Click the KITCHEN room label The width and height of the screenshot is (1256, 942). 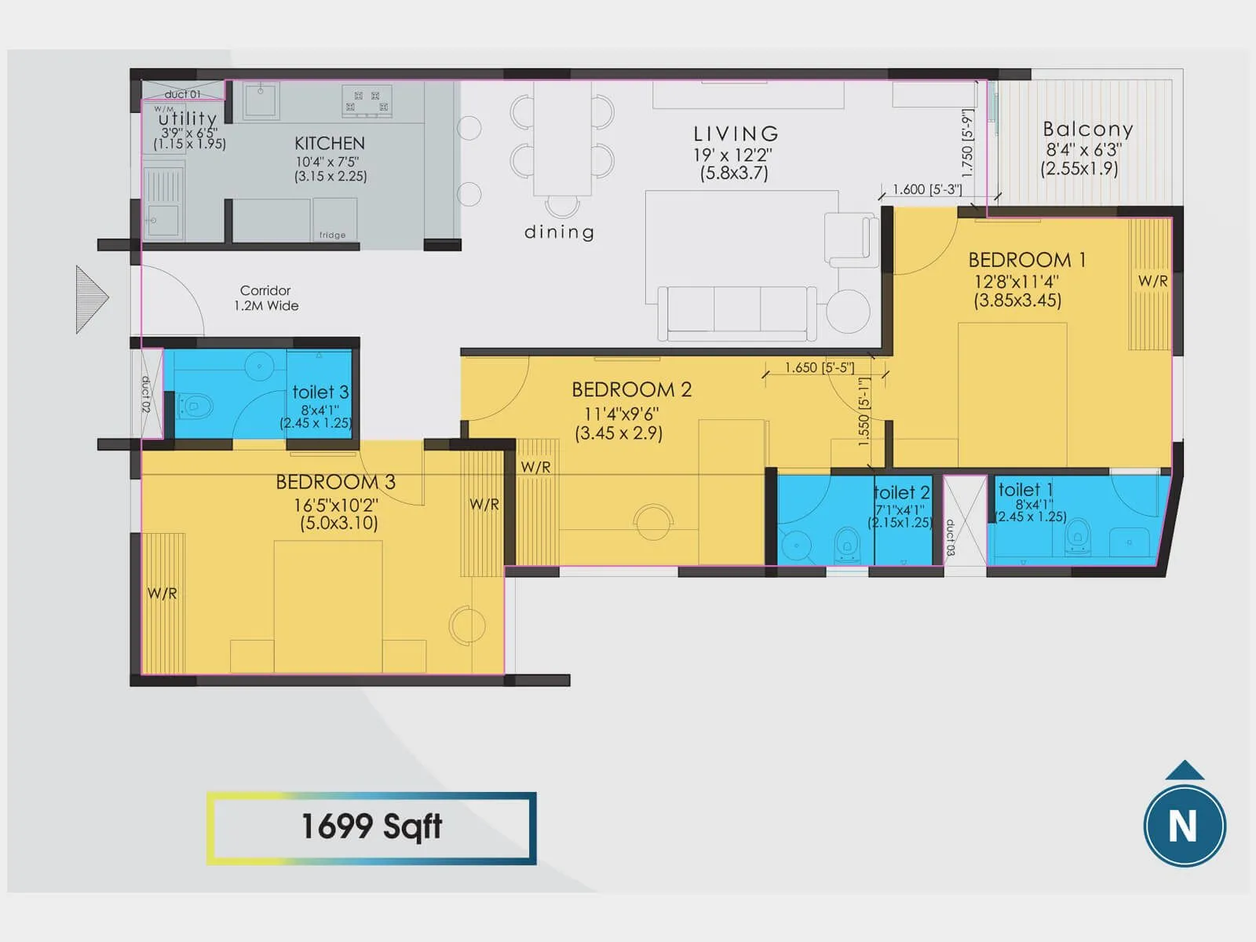coord(330,144)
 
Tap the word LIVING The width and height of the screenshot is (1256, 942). coord(736,134)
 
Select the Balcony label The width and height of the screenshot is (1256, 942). coord(1087,130)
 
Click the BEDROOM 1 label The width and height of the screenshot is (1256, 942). coord(1027,260)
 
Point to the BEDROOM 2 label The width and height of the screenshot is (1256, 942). coord(631,390)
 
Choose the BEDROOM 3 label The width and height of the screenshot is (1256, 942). coord(335,482)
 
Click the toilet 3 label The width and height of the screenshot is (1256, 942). coord(320,392)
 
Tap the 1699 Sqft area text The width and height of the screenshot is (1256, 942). coord(371,827)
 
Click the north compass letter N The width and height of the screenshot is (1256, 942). coord(1184,827)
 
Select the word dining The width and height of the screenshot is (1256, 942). coord(559,232)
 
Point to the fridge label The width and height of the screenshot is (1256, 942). coord(332,235)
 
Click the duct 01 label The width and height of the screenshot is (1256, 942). coord(182,94)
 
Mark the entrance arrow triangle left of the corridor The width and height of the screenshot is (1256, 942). coord(90,299)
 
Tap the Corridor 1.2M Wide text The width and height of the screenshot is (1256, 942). coord(266,298)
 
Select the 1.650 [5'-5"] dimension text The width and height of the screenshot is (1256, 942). coord(819,367)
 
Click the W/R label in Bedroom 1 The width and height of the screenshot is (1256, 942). coord(1152,281)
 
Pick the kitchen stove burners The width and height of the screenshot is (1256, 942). coord(367,101)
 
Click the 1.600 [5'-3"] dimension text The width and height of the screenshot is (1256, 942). coord(927,189)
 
